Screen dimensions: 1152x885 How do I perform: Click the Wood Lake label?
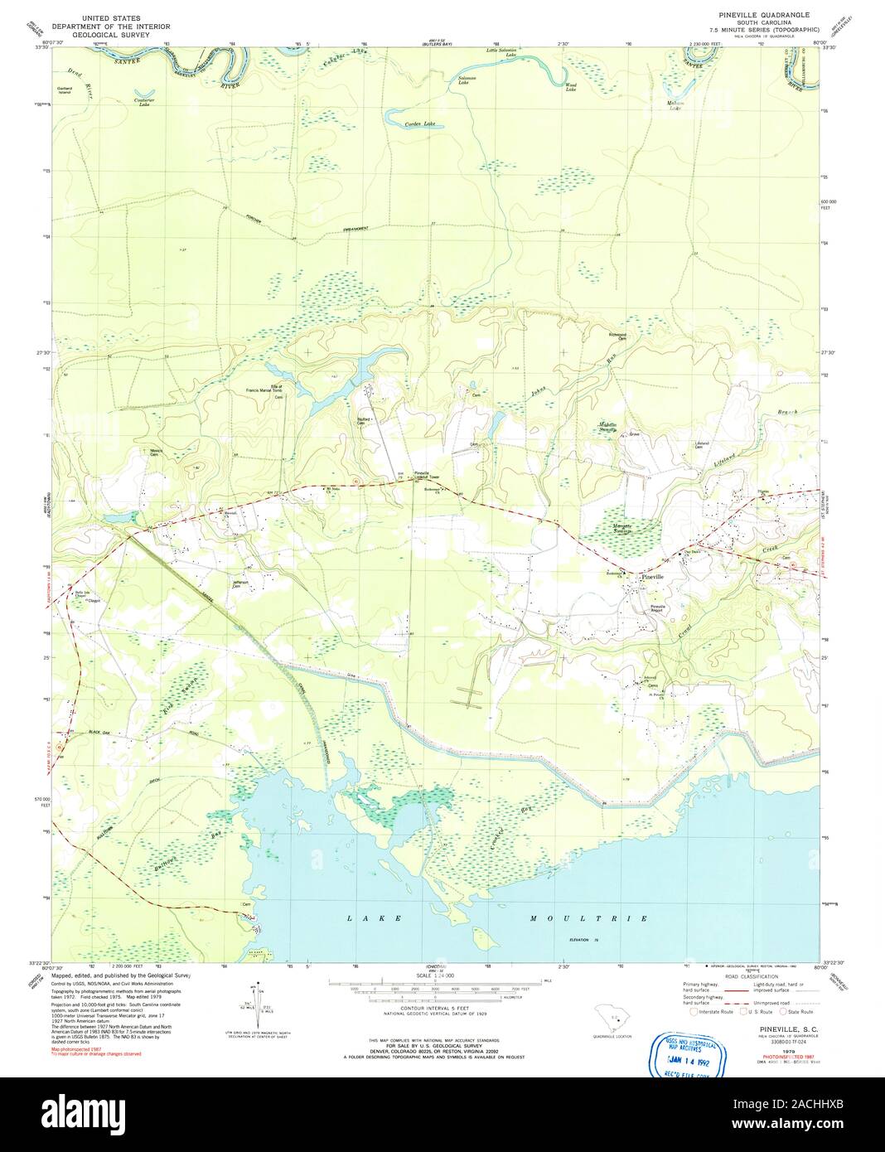[x=571, y=86]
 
